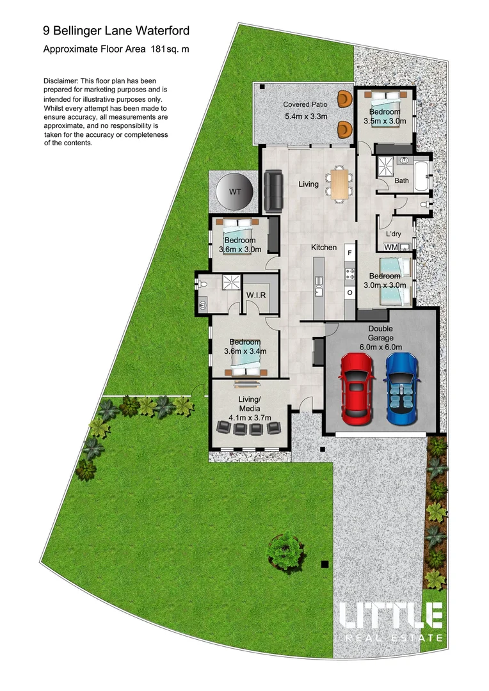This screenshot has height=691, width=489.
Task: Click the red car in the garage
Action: tap(358, 388)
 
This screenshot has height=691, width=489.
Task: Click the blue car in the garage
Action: tap(401, 388)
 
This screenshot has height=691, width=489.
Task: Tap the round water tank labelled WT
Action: tap(235, 192)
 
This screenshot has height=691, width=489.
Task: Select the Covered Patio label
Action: tap(305, 104)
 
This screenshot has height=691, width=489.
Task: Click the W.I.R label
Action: tap(257, 294)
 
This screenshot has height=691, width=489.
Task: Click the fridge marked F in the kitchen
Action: tap(349, 253)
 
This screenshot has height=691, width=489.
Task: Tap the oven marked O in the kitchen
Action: tap(349, 292)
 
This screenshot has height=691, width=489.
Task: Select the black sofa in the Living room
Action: tap(274, 191)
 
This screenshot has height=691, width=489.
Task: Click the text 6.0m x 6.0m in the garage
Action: tap(380, 347)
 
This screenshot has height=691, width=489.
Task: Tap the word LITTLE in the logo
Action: tap(391, 616)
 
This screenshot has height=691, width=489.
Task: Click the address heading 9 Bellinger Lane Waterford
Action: tap(116, 30)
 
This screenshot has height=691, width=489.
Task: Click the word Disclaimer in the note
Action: tap(61, 82)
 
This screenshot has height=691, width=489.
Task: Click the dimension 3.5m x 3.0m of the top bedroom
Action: tap(384, 120)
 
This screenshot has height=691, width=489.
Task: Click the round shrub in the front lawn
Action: tap(283, 550)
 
